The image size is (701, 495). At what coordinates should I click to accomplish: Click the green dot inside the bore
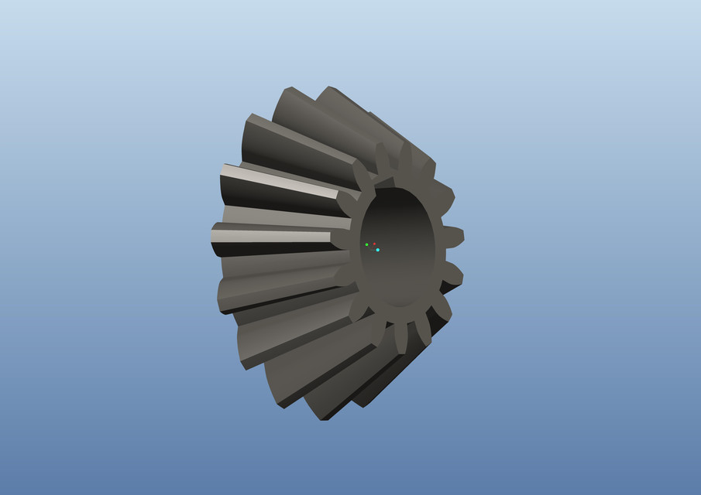click(x=366, y=244)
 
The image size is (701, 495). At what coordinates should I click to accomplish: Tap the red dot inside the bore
click(x=374, y=244)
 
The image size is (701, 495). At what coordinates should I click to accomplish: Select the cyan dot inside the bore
click(x=377, y=250)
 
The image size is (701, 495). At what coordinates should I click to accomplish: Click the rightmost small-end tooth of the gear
click(x=452, y=237)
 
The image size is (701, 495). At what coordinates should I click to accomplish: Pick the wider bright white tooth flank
click(x=279, y=179)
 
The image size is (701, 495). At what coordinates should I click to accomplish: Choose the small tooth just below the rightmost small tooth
click(x=452, y=274)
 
